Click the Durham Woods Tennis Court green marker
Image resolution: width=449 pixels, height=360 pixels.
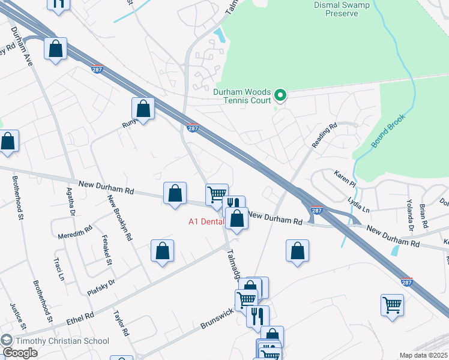(x=280, y=95)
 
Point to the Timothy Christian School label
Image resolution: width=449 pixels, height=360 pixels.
(x=62, y=341)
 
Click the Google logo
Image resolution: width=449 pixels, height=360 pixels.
(x=20, y=353)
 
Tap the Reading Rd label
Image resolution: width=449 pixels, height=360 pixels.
(x=325, y=136)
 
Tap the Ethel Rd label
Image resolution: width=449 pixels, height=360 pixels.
(x=81, y=316)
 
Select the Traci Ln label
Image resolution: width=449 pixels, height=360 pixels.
(x=58, y=269)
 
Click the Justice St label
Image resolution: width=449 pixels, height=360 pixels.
(x=15, y=317)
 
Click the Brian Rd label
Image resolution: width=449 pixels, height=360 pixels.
(x=424, y=215)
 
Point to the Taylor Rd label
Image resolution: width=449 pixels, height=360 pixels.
(x=121, y=325)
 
